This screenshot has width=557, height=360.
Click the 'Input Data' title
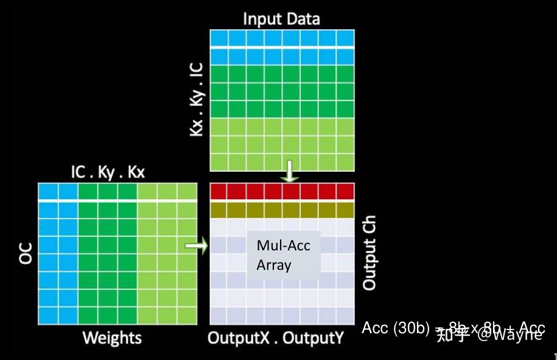pyautogui.click(x=281, y=18)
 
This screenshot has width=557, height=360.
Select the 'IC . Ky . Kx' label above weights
pyautogui.click(x=108, y=172)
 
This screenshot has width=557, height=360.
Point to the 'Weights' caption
pyautogui.click(x=111, y=337)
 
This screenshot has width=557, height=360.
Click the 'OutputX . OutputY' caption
pyautogui.click(x=276, y=337)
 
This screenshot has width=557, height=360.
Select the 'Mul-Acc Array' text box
pyautogui.click(x=283, y=255)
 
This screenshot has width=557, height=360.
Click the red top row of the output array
pyautogui.click(x=282, y=191)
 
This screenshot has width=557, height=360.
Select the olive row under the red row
pyautogui.click(x=282, y=210)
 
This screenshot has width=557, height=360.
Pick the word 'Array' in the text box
pyautogui.click(x=274, y=266)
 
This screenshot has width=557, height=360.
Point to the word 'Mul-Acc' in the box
pyautogui.click(x=284, y=245)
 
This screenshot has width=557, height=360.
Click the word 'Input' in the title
pyautogui.click(x=262, y=18)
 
